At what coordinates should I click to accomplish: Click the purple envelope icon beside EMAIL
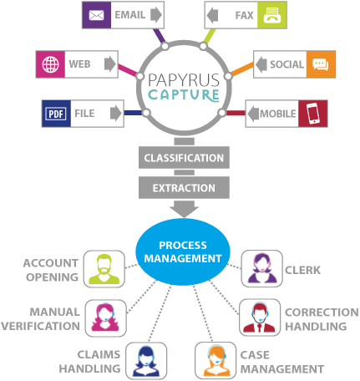pyautogui.click(x=96, y=15)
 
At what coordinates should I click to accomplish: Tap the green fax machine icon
pyautogui.click(x=272, y=15)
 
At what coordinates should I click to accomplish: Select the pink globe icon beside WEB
pyautogui.click(x=50, y=64)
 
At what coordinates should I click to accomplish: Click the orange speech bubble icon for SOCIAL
pyautogui.click(x=321, y=64)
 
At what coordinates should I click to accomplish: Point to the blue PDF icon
pyautogui.click(x=56, y=114)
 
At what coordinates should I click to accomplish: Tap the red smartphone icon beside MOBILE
pyautogui.click(x=312, y=114)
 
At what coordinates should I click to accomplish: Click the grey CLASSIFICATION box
pyautogui.click(x=184, y=158)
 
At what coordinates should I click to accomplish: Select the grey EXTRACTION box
pyautogui.click(x=184, y=188)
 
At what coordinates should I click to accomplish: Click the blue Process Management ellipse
pyautogui.click(x=183, y=251)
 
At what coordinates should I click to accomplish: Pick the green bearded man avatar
pyautogui.click(x=104, y=269)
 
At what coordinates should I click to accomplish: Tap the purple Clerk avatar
pyautogui.click(x=262, y=268)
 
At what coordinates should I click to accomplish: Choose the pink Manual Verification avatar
pyautogui.click(x=105, y=317)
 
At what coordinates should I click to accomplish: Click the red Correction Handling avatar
pyautogui.click(x=260, y=317)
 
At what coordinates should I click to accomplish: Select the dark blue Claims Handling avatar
pyautogui.click(x=146, y=361)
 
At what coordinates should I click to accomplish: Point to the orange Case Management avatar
pyautogui.click(x=215, y=361)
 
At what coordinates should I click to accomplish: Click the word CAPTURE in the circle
pyautogui.click(x=184, y=95)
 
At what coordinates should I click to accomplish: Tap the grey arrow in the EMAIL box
pyautogui.click(x=156, y=15)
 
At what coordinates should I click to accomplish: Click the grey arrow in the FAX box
pyautogui.click(x=212, y=15)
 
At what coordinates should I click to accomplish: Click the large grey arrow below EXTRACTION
pyautogui.click(x=184, y=209)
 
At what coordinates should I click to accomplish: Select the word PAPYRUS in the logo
pyautogui.click(x=184, y=80)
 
